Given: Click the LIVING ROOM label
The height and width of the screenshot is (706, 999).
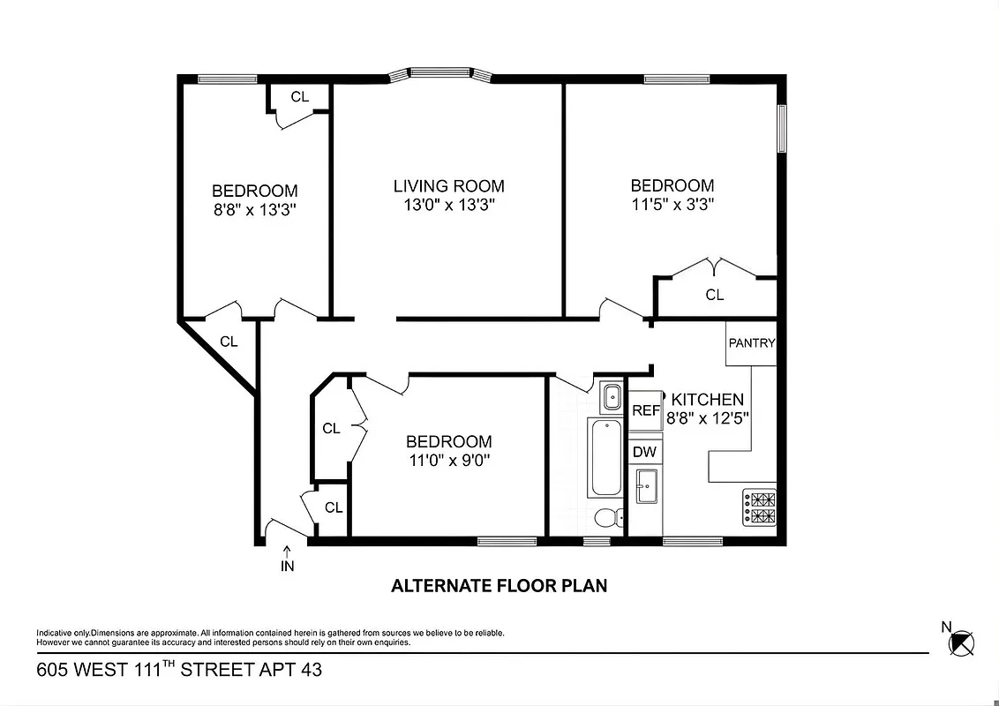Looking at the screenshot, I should click(448, 186).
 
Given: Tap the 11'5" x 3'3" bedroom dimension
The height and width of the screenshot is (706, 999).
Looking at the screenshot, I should click(672, 205).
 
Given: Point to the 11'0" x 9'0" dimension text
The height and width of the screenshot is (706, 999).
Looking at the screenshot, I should click(448, 460).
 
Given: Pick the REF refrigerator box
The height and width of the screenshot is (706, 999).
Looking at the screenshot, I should click(646, 410).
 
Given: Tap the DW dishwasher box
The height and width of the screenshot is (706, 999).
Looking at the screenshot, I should click(645, 452).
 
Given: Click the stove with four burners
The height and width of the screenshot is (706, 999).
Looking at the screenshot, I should click(759, 508).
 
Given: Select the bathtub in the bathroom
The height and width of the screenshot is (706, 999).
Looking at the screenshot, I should click(605, 458).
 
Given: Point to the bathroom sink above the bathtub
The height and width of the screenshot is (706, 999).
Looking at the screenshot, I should click(611, 397).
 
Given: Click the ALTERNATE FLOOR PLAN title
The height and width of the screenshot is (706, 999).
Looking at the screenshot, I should click(499, 585).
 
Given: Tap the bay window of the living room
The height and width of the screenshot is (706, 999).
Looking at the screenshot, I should click(439, 74).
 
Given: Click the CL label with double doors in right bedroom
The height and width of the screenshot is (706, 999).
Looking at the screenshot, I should click(714, 295).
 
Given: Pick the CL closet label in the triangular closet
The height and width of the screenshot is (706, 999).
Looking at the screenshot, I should click(229, 342).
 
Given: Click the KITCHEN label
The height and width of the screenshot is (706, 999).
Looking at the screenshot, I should click(708, 400).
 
